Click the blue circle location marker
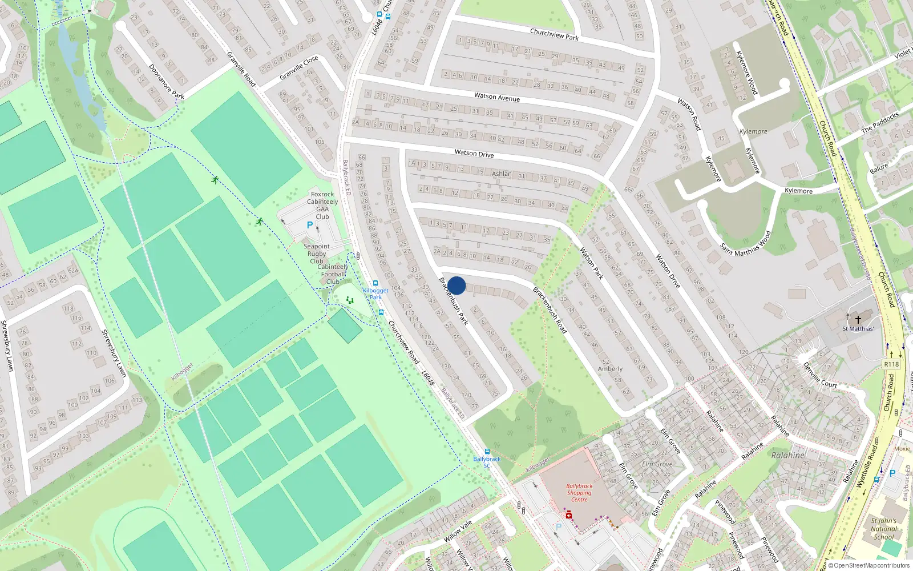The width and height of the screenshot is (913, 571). coord(457,285)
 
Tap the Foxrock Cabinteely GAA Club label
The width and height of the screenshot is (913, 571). coord(322,206)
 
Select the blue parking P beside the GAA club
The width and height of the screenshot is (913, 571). coord(310,226)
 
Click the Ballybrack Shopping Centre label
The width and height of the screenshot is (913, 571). coord(579,493)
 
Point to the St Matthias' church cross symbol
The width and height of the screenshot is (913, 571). coord(858,320)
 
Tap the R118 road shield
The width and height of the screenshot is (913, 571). coord(891,364)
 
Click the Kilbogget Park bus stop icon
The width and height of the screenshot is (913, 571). coord(375,283)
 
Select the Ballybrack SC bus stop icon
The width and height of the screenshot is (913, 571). coord(487,452)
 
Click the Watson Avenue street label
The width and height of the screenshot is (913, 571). coord(497,98)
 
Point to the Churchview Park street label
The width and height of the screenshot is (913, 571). coord(554,34)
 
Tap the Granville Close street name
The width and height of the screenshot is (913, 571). coord(299,69)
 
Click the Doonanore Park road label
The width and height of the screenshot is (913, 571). coord(166,82)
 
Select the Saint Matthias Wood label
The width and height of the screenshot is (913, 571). coord(745,243)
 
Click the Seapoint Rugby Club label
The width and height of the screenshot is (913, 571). coord(317,254)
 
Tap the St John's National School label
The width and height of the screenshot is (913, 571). coord(883,529)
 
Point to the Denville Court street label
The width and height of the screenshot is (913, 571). coord(820,375)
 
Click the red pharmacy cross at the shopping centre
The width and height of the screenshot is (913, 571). coord(569,515)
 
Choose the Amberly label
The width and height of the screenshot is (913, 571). coord(610,369)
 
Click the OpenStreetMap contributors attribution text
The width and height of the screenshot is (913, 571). coord(868,565)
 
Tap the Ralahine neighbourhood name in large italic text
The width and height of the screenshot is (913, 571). coord(788,455)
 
